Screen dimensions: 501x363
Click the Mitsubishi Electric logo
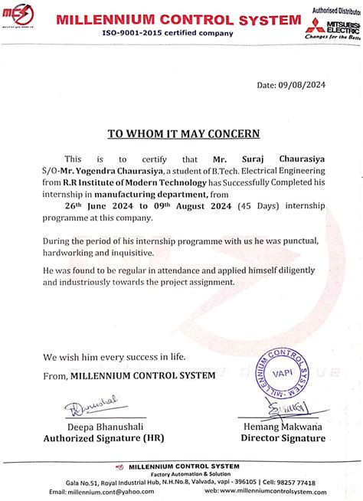point(335,26)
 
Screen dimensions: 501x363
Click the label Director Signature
point(283,439)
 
